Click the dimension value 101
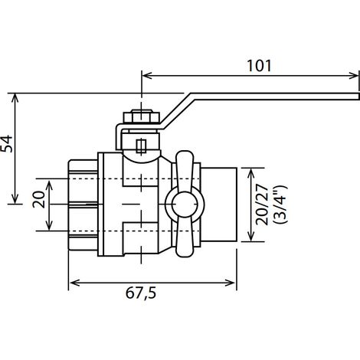coord(259,66)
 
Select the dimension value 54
coord(7,144)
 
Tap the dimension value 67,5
coord(141,293)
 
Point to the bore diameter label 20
coord(39,199)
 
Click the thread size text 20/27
coord(262,205)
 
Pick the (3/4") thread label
coord(280,205)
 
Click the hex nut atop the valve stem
coord(142,116)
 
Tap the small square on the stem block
coord(141,146)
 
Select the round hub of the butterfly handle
coord(185,205)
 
